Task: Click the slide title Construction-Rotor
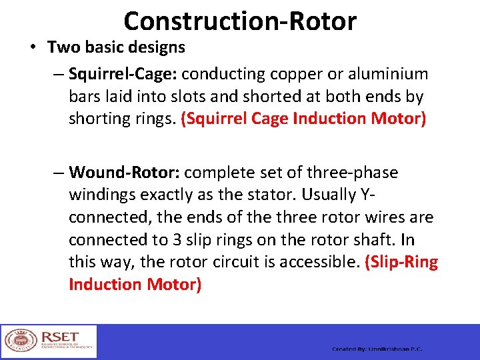[x=240, y=21]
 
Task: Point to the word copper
[x=278, y=74]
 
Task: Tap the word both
[x=351, y=97]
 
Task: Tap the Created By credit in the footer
[x=377, y=349]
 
